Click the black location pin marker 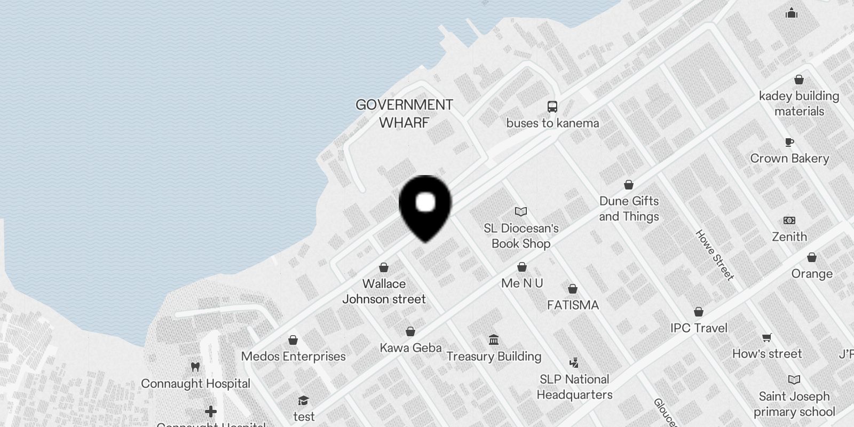point(425,205)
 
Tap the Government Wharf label point(404,114)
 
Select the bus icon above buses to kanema point(552,107)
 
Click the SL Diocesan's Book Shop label point(521,236)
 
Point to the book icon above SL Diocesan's point(521,212)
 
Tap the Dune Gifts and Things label point(629,209)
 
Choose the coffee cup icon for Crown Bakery point(789,142)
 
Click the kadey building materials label point(799,104)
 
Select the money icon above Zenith point(789,220)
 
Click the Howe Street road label point(715,255)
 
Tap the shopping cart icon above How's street point(767,337)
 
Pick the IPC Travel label point(699,328)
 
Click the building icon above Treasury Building point(494,340)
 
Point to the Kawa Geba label point(410,348)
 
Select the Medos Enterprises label point(293,357)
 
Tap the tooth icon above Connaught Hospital point(195,367)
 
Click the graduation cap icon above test point(304,401)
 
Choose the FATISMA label point(573,305)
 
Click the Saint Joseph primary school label point(794,404)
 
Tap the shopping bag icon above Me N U point(522,267)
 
